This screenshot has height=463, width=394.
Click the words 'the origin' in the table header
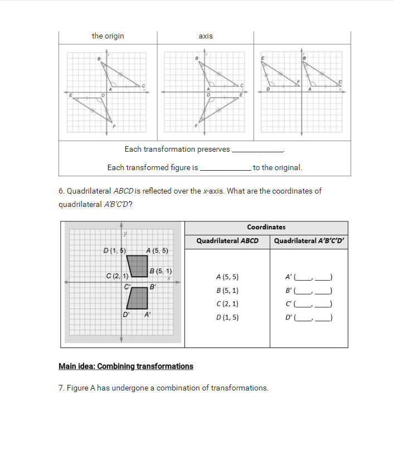pyautogui.click(x=108, y=36)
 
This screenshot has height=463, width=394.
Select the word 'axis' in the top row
pyautogui.click(x=205, y=36)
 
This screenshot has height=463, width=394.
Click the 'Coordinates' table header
pyautogui.click(x=266, y=227)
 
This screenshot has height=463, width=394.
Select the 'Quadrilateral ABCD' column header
pyautogui.click(x=227, y=241)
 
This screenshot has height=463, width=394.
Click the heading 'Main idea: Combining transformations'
pyautogui.click(x=126, y=366)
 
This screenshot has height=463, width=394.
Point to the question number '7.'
pyautogui.click(x=61, y=388)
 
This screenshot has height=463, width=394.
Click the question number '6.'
pyautogui.click(x=61, y=191)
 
